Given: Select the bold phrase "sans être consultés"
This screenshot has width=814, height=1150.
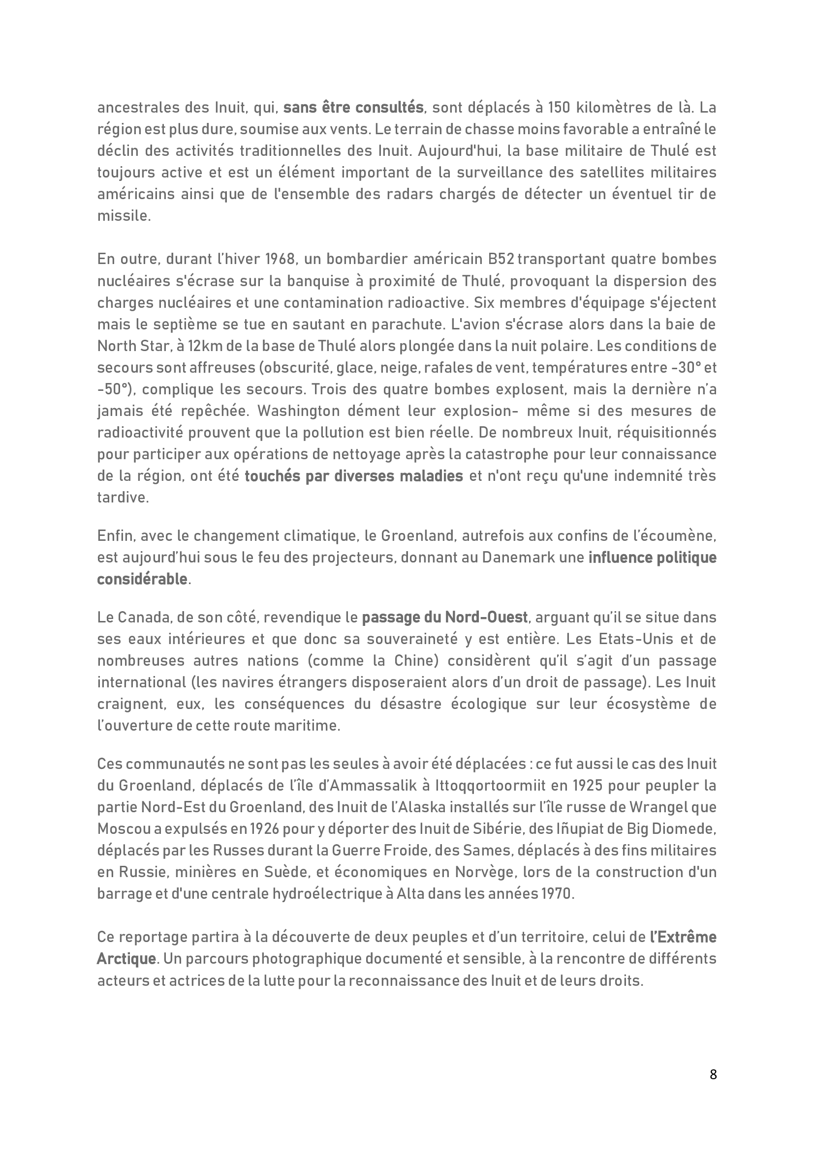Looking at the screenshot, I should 353,108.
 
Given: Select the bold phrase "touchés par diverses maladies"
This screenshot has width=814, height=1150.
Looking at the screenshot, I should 353,476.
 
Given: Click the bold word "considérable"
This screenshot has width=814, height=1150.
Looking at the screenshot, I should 142,579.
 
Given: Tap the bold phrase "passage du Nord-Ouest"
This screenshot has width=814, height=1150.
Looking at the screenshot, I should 444,617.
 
